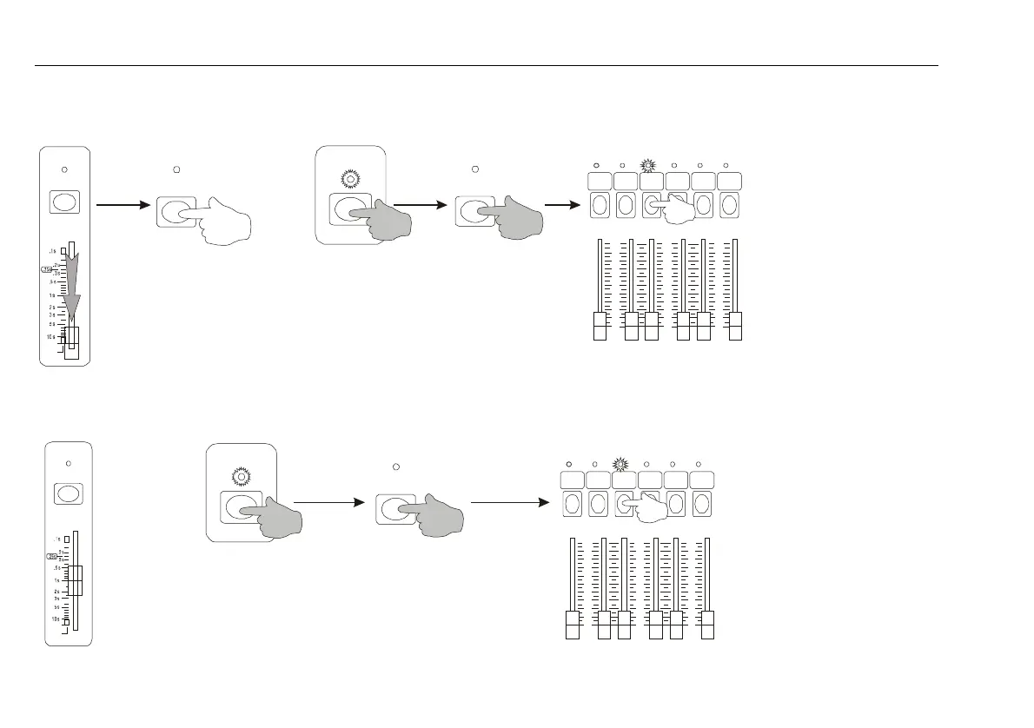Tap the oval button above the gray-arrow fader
pyautogui.click(x=64, y=202)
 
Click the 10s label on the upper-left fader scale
pyautogui.click(x=51, y=336)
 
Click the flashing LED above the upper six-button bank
pyautogui.click(x=648, y=165)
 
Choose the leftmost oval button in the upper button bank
pyautogui.click(x=599, y=206)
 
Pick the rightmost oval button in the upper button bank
pyautogui.click(x=729, y=206)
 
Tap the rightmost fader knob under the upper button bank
pyautogui.click(x=735, y=327)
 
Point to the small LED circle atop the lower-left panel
pyautogui.click(x=69, y=463)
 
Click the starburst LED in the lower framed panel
pyautogui.click(x=241, y=477)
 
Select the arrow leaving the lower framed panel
pyautogui.click(x=327, y=502)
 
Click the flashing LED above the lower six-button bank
pyautogui.click(x=620, y=464)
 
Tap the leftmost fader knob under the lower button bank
pyautogui.click(x=572, y=625)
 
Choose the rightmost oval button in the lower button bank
pyautogui.click(x=701, y=504)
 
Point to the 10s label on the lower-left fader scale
pyautogui.click(x=56, y=619)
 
